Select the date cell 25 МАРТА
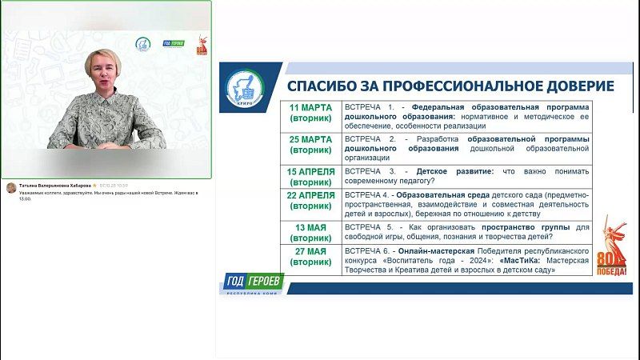(310, 145)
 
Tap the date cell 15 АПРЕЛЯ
(310, 176)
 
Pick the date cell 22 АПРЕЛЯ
(310, 201)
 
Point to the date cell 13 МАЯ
(310, 232)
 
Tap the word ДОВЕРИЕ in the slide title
(575, 86)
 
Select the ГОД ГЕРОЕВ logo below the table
(252, 284)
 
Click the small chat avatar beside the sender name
(11, 188)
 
